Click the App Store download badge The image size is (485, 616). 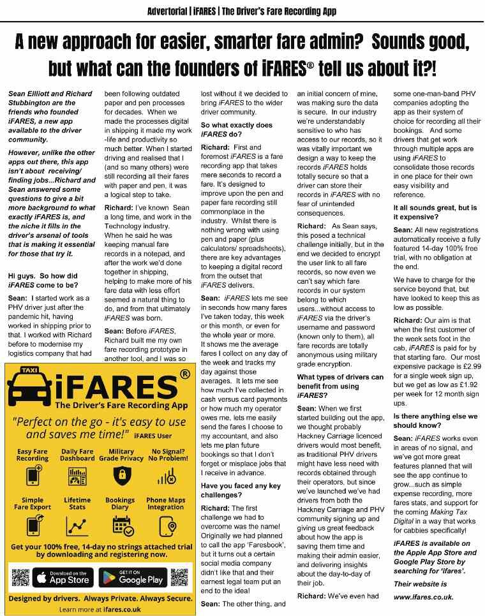62,578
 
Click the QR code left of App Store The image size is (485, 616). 21,578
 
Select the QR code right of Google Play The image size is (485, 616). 179,578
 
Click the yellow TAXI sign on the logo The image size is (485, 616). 29,370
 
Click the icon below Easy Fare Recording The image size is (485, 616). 32,476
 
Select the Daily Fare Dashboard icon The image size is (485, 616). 77,476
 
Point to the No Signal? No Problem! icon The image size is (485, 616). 167,476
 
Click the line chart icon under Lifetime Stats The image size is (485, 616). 77,525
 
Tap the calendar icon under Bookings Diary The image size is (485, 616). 122,525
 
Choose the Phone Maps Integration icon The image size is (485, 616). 167,525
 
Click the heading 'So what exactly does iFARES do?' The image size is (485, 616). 236,130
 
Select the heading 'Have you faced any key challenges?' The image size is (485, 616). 241,490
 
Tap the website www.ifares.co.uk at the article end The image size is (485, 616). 424,598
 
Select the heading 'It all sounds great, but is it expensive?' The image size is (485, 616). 435,212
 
